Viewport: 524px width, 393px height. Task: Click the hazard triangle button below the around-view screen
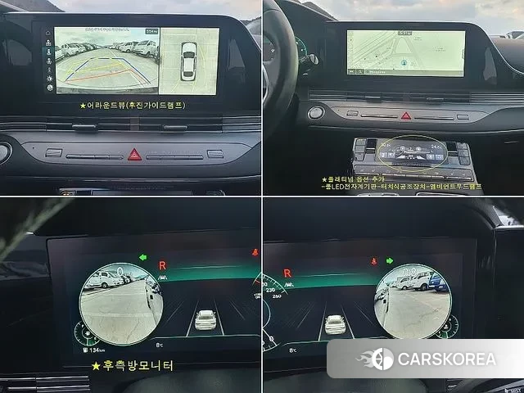[134, 154]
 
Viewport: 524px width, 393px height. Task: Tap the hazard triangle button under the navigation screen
[406, 115]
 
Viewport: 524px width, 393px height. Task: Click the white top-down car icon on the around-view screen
[188, 61]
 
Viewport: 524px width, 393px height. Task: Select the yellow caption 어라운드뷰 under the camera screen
[132, 105]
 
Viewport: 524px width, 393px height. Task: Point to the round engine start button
[316, 113]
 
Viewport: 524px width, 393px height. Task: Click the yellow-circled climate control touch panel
[410, 152]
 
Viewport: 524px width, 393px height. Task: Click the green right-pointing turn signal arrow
[389, 261]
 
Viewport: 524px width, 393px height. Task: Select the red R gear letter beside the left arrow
[163, 265]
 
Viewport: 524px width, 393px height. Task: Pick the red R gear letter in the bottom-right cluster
[287, 273]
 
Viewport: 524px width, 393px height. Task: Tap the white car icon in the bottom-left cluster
[206, 320]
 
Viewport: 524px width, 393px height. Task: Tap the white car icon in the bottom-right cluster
[335, 324]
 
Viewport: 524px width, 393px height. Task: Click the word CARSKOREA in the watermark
[445, 359]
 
